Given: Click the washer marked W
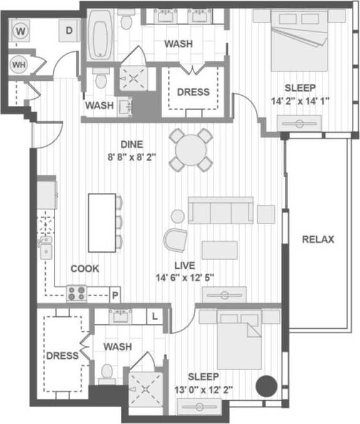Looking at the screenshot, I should click(x=21, y=30).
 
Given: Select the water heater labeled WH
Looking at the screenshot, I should click(x=19, y=64).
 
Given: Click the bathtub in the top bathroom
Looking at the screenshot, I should click(x=99, y=38).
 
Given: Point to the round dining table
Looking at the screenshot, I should click(x=191, y=150).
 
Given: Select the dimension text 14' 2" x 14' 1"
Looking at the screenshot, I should click(x=299, y=100).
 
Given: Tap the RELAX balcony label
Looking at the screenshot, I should click(x=318, y=239).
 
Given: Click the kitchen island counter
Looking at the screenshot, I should click(x=101, y=222).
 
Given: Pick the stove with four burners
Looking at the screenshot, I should click(x=77, y=292).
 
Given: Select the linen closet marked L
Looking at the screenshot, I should click(x=155, y=316).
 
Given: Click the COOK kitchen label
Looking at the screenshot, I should click(x=85, y=269).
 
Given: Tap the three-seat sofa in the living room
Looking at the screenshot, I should click(x=220, y=211).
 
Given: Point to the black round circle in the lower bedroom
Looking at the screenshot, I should click(x=268, y=385).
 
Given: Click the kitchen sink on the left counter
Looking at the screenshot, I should click(x=45, y=248).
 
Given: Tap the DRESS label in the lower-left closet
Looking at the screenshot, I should click(x=62, y=355).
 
